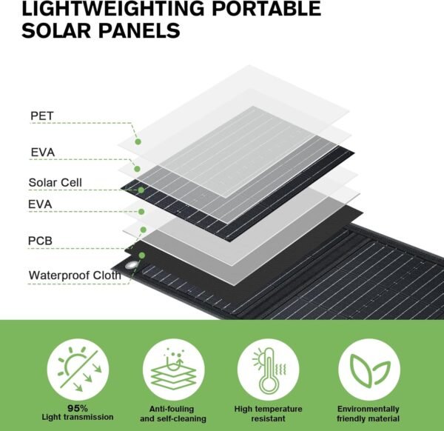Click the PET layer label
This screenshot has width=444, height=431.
[x=42, y=116]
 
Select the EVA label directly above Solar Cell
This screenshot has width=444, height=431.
[x=42, y=152]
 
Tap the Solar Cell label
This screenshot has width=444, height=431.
[x=55, y=182]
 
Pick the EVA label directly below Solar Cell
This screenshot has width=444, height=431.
[x=40, y=204]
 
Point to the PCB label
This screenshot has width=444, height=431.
[x=40, y=241]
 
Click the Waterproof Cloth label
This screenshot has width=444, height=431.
[x=75, y=275]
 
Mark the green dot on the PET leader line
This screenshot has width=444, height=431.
[x=138, y=141]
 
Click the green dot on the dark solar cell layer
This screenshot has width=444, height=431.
[x=141, y=190]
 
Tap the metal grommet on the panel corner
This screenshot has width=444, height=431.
[x=131, y=266]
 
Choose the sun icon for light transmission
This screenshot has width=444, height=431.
[x=78, y=369]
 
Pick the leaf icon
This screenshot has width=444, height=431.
[x=369, y=370]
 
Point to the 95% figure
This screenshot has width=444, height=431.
[x=78, y=408]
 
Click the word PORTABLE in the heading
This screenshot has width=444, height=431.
[x=266, y=8]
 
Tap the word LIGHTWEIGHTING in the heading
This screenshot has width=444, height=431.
[x=112, y=8]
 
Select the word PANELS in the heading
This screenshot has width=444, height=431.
[x=139, y=30]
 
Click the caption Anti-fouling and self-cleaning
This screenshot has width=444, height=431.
[x=173, y=414]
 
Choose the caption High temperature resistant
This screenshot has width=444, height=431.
[x=268, y=414]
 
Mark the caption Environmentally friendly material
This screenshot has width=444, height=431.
[x=368, y=414]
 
